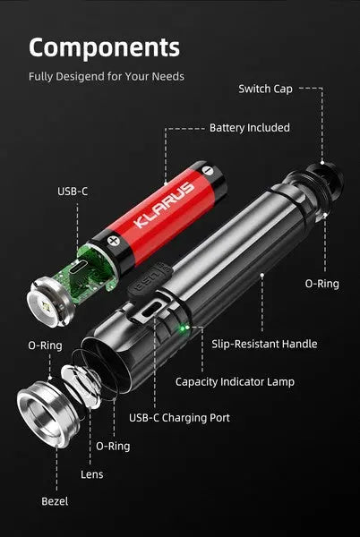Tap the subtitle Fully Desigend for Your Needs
(107, 76)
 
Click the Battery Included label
(249, 128)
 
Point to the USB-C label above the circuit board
(73, 191)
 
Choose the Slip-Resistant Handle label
(264, 344)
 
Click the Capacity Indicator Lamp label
(235, 382)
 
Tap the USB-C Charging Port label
(179, 417)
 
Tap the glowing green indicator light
(181, 328)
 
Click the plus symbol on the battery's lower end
(113, 239)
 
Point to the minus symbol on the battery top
(207, 169)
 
